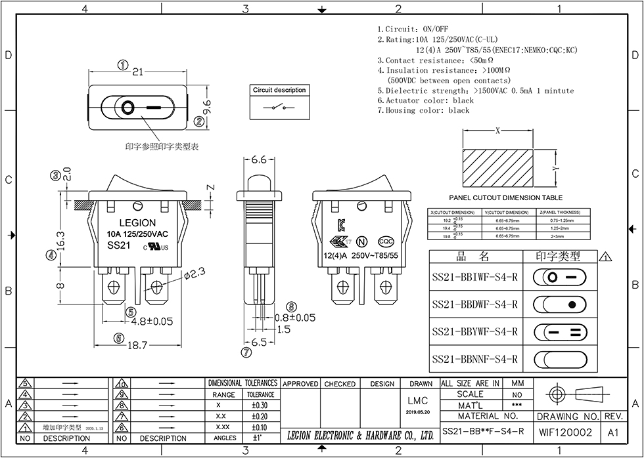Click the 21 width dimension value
point(138,72)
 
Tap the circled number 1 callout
point(122,64)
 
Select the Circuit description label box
point(279,90)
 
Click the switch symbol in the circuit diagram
point(279,107)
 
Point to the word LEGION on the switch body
point(137,223)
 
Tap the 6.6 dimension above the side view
point(259,159)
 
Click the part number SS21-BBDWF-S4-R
point(475,304)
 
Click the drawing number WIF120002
point(565,432)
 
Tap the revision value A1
point(614,432)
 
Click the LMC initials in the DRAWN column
point(421,401)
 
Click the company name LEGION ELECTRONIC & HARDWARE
point(360,435)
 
